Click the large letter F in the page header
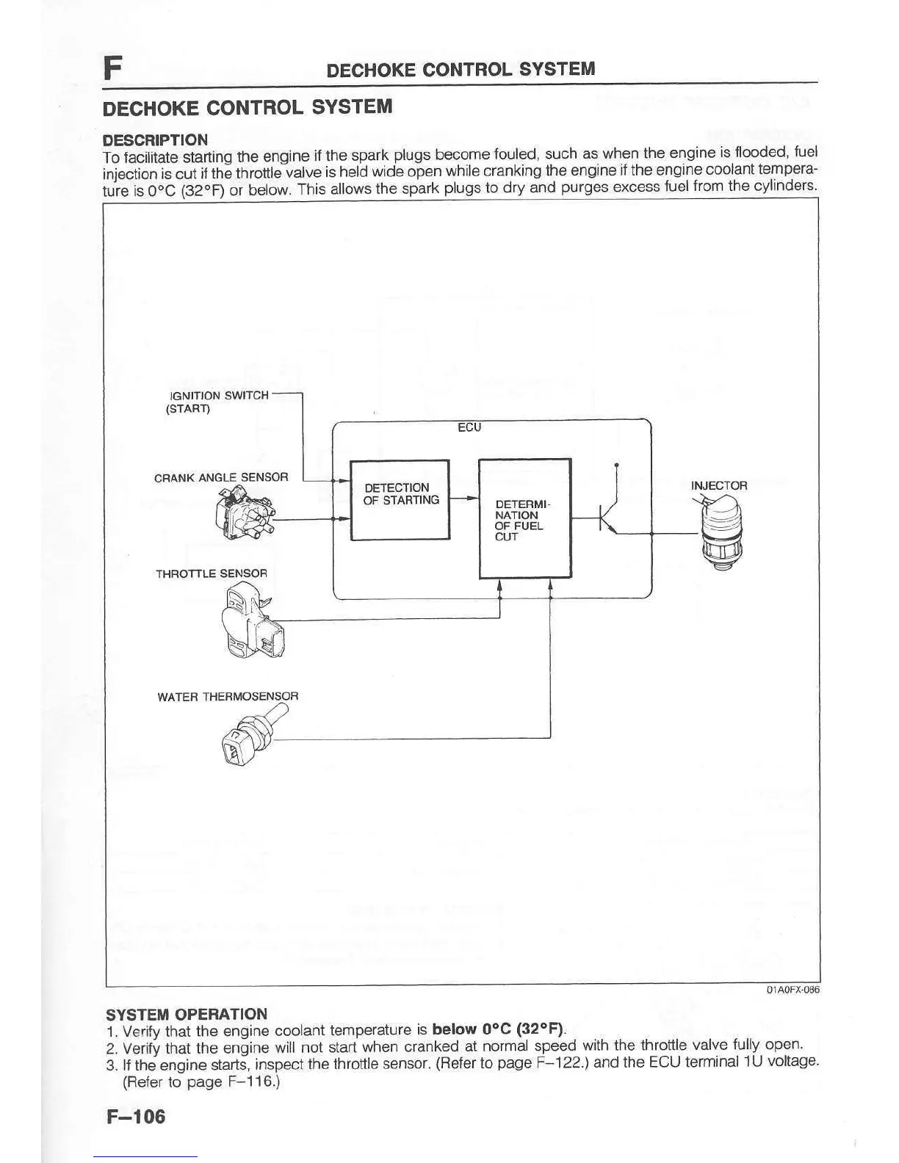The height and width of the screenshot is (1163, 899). point(112,68)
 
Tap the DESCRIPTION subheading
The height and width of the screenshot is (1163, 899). point(155,140)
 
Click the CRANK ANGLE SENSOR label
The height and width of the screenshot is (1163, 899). point(221,477)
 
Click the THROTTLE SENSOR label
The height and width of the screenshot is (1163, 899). point(212,573)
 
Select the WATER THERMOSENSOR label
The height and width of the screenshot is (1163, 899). point(228,696)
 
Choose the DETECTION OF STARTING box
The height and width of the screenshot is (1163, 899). point(400,499)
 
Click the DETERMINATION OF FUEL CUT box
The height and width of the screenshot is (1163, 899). point(524,518)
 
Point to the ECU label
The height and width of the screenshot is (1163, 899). point(469,427)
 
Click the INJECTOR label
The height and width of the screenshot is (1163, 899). point(718,485)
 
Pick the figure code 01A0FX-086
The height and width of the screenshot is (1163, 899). point(793,990)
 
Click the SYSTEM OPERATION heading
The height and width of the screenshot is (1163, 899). point(187,1015)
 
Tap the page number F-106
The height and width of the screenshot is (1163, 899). point(136,1117)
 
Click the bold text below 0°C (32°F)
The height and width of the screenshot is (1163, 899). point(498,1028)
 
